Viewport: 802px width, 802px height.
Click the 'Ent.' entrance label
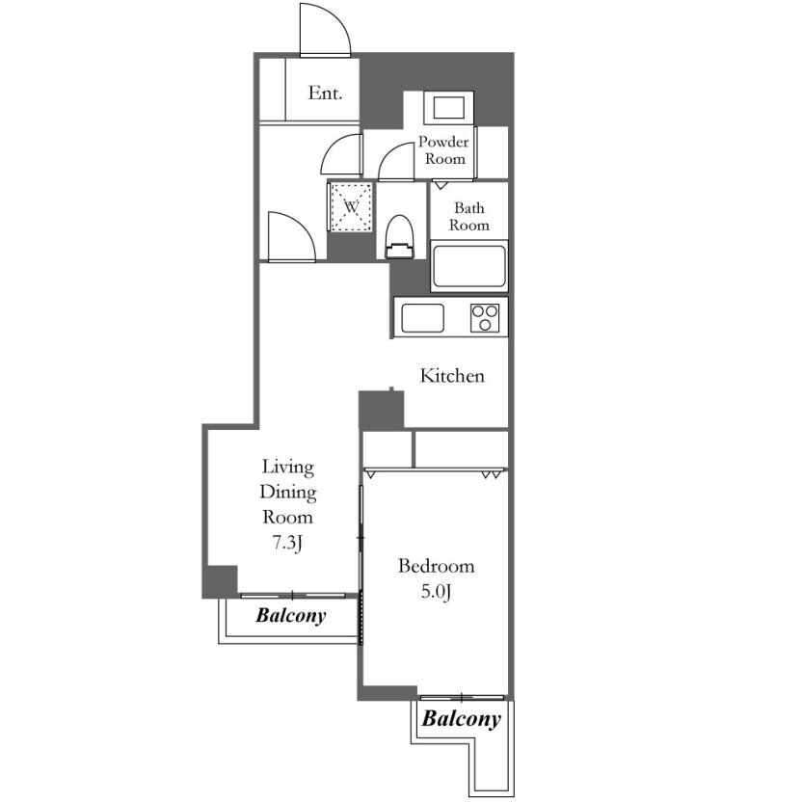point(325,93)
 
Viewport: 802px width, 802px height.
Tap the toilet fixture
point(399,236)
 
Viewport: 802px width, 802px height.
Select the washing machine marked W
point(351,207)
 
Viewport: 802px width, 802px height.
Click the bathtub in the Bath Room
point(469,266)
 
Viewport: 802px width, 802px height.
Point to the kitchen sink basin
point(422,318)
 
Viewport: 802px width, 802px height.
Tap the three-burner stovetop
point(484,318)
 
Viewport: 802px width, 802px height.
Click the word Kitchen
point(452,376)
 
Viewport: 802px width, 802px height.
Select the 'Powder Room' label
point(443,149)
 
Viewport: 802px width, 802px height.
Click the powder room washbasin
point(448,107)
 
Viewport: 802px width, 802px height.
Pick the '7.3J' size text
point(287,543)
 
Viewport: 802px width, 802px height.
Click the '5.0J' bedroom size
point(437,592)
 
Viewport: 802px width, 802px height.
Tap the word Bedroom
point(437,566)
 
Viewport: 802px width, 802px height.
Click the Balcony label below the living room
point(290,615)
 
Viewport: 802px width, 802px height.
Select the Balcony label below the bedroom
point(462,719)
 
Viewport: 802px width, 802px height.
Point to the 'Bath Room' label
point(469,216)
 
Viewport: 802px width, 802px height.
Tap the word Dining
point(288,492)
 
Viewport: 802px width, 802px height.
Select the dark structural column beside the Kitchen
point(381,410)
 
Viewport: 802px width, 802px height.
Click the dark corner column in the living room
point(221,581)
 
